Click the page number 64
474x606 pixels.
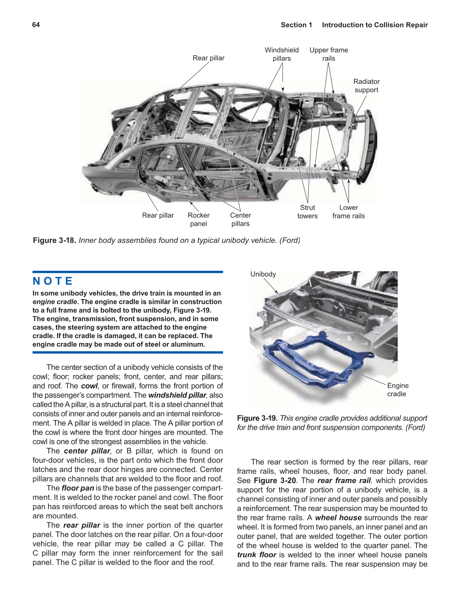click(36, 25)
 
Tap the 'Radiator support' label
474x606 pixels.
click(366, 86)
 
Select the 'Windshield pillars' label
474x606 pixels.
click(282, 54)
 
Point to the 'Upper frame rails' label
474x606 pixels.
click(328, 54)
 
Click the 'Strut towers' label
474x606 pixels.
click(307, 212)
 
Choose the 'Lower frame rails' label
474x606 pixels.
click(348, 212)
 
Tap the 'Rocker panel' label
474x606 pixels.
click(198, 220)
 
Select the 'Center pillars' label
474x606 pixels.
click(240, 220)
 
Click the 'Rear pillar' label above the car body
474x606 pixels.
click(208, 58)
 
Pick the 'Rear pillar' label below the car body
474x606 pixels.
click(158, 216)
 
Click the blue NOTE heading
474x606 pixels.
click(52, 281)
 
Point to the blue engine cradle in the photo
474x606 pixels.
click(312, 361)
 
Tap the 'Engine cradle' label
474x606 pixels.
click(397, 390)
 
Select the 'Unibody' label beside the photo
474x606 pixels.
click(263, 274)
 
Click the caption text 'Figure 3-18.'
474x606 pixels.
click(55, 241)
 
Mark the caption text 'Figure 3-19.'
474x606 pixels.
click(257, 418)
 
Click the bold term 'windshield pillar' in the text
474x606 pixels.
click(177, 395)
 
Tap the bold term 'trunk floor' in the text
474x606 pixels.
click(257, 555)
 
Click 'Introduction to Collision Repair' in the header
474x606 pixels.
click(375, 25)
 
